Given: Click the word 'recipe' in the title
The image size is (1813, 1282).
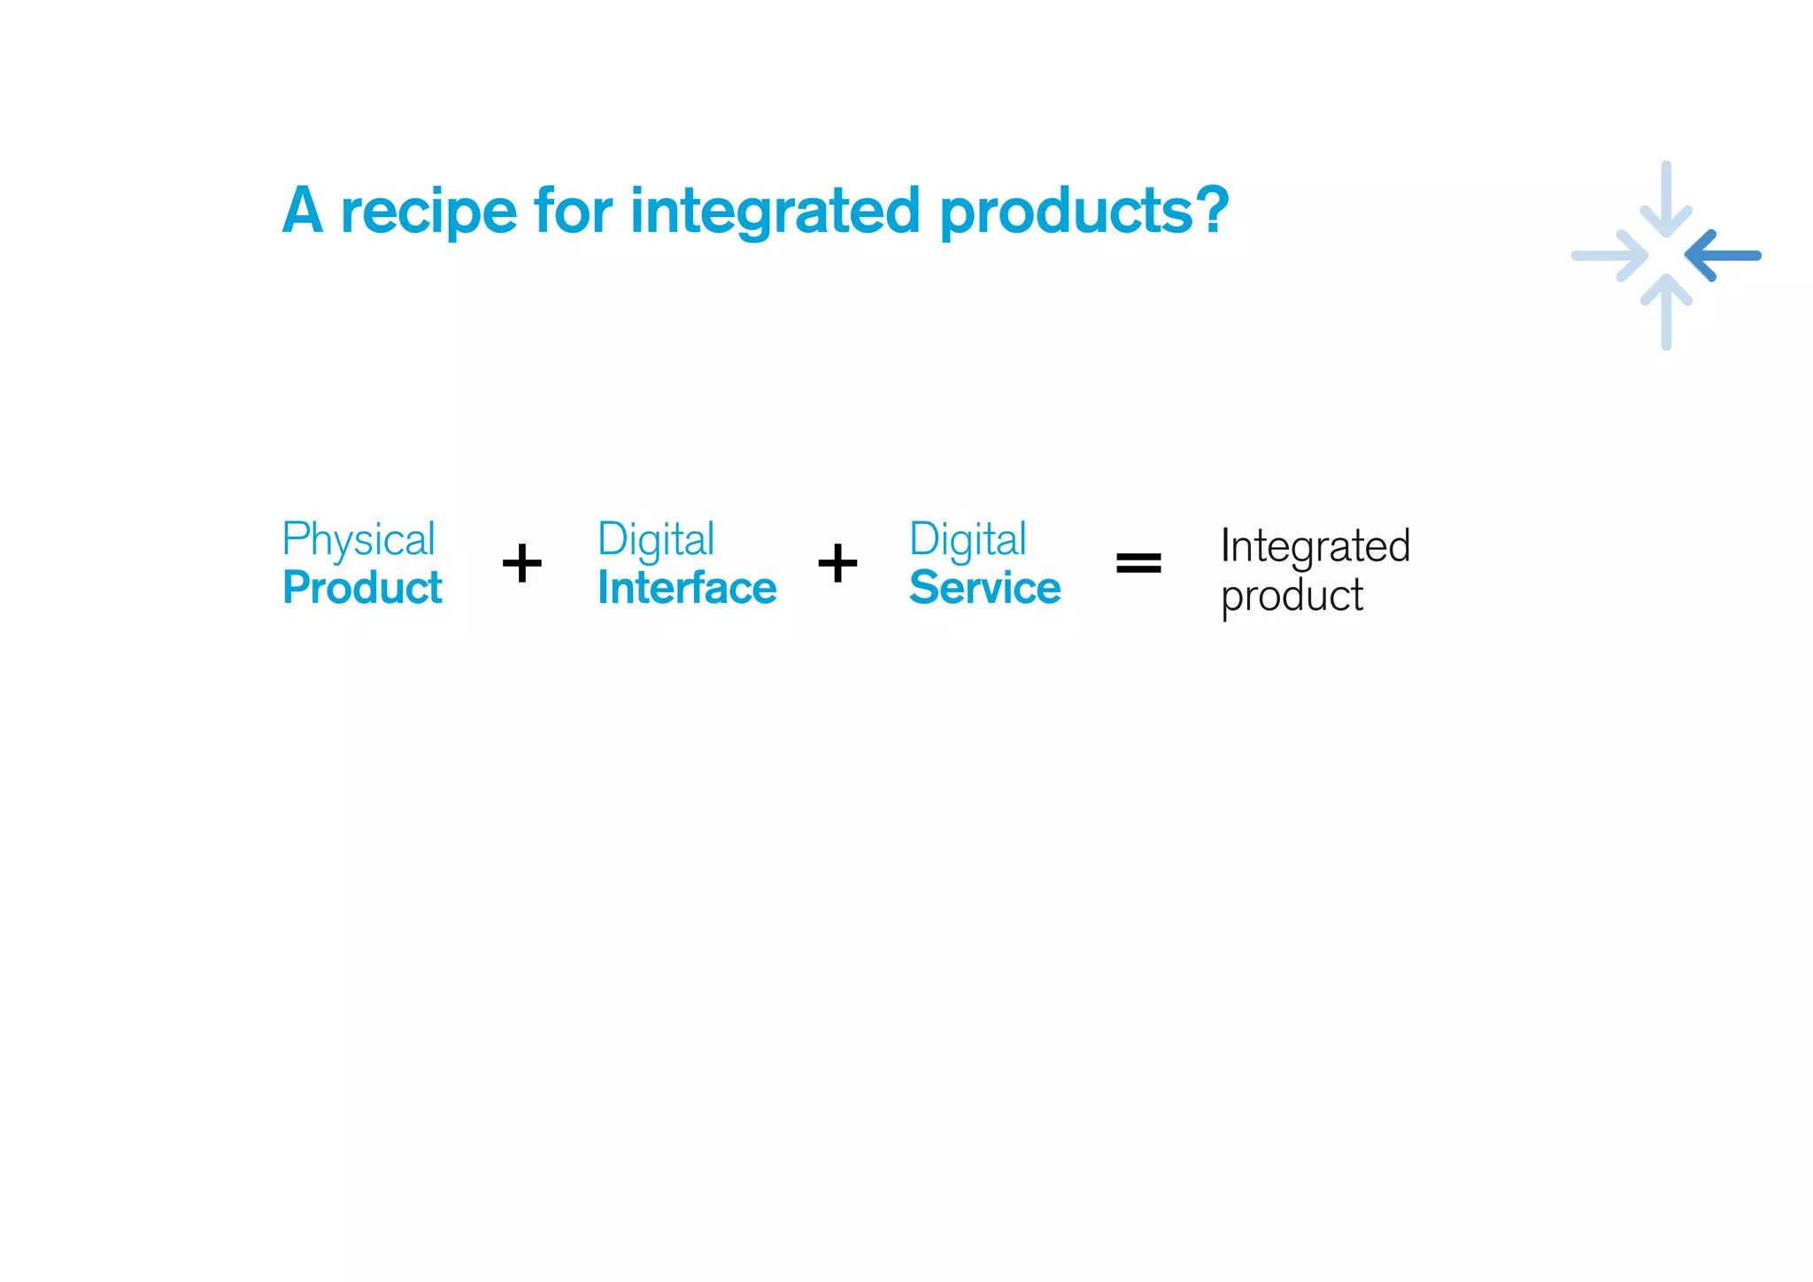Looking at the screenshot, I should tap(428, 212).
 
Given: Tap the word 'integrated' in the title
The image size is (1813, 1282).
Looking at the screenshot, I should tap(775, 212).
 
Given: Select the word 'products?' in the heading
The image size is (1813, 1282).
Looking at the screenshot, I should tap(1084, 212).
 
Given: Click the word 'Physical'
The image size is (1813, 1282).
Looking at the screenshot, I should tap(359, 540).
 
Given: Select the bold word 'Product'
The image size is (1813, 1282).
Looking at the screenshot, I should tap(362, 588).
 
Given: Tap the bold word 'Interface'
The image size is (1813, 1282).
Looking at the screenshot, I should tap(687, 588).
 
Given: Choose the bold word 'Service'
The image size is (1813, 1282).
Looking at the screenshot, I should tap(984, 588).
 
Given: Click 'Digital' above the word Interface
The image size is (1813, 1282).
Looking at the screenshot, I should tap(656, 540).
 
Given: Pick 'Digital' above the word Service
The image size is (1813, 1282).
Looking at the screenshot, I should tap(968, 540).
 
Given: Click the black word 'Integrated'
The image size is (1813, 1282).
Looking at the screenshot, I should tap(1315, 546).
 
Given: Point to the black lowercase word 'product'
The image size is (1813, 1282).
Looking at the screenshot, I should tap(1292, 596).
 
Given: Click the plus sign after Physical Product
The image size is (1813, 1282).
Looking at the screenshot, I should tap(522, 563).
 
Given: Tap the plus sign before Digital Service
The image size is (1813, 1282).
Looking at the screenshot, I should tap(837, 563).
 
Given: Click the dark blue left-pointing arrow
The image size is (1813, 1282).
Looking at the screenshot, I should tap(1723, 256).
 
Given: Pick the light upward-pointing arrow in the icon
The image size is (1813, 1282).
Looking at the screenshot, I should tap(1666, 310).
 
